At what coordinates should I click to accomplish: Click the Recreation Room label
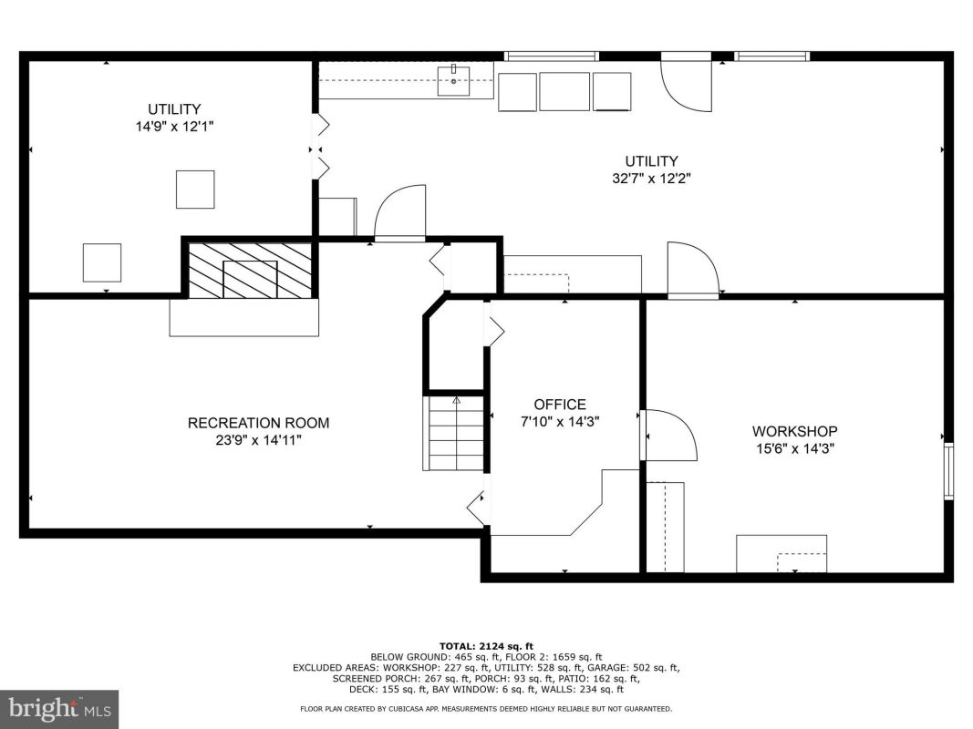coord(258,423)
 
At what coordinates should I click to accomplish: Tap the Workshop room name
coord(794,431)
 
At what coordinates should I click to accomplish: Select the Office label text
coord(560,405)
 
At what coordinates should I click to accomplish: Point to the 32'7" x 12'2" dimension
coord(651,179)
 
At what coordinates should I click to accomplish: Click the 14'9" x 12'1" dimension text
coord(174,127)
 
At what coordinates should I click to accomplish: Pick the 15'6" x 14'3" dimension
coord(794,448)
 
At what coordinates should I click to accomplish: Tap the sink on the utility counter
coord(453,80)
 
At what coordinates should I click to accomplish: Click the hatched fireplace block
coord(250,271)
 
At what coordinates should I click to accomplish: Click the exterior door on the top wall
coord(686,82)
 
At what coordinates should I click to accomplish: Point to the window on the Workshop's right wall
coord(948,470)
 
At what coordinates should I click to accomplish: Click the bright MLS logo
coord(59,709)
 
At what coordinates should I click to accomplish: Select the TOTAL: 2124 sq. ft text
coord(486,646)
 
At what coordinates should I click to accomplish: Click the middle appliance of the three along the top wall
coord(564,92)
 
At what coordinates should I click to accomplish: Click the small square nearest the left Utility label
coord(195,190)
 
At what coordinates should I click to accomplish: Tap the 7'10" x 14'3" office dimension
coord(560,422)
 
